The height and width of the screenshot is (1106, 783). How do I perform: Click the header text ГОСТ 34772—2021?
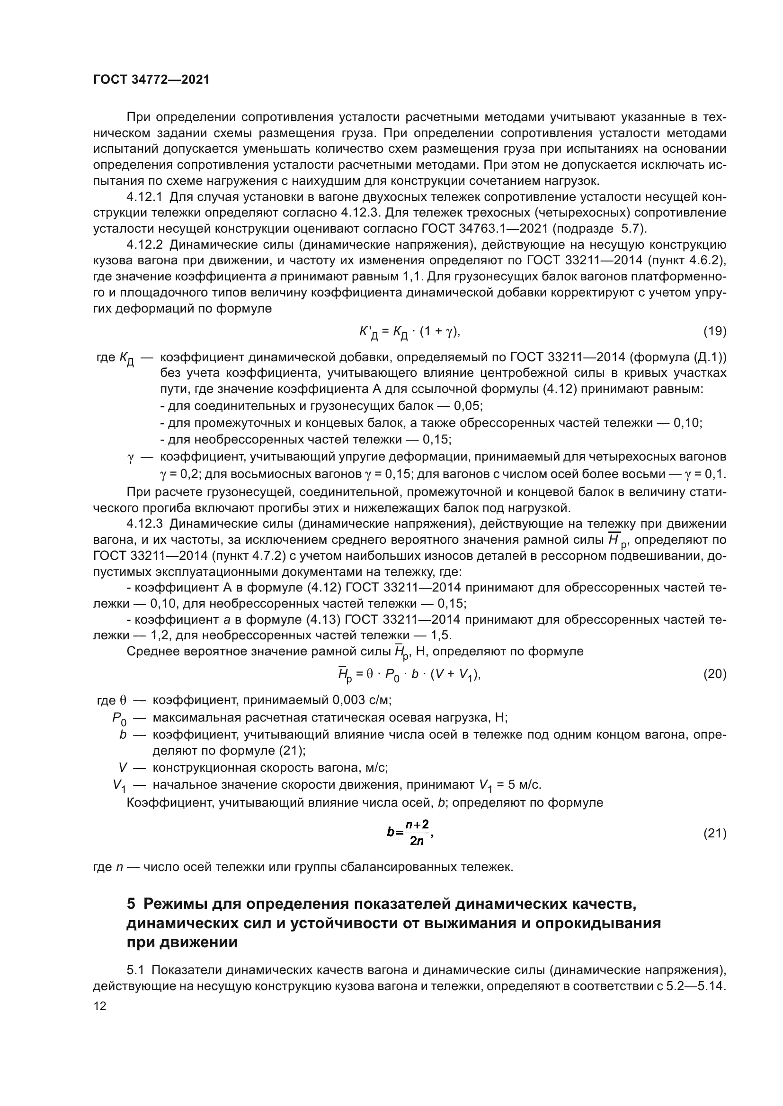pos(151,80)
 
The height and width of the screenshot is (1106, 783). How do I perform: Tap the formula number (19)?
pos(714,331)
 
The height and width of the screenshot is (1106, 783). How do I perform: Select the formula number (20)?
pos(714,673)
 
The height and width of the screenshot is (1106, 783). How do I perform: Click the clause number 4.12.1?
pos(145,197)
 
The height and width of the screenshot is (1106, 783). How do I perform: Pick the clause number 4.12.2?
pos(145,245)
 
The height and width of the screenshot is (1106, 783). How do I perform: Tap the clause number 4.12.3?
pos(145,523)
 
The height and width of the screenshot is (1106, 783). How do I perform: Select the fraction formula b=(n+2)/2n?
pos(410,832)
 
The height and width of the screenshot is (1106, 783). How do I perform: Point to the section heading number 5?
pos(131,904)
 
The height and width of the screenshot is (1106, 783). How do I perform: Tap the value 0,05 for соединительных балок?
pos(468,406)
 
